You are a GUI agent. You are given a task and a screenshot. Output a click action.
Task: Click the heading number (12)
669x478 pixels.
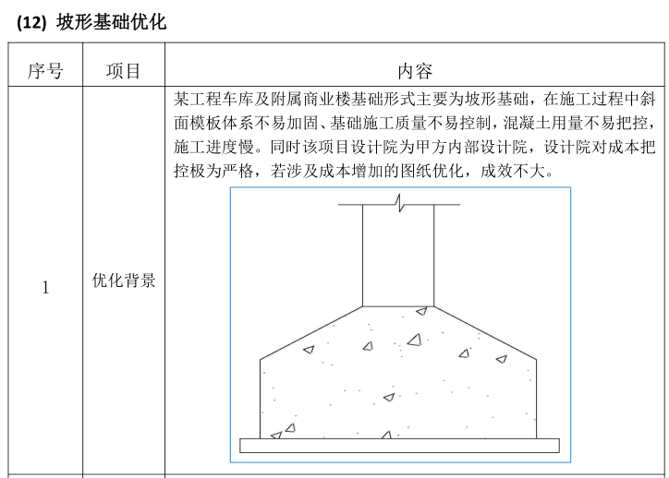[x=33, y=23]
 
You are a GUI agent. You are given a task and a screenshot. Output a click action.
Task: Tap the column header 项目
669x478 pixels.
[x=124, y=71]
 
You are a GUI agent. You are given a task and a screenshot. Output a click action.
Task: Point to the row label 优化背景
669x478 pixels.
[x=124, y=281]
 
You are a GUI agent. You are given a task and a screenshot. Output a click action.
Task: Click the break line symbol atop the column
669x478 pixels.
[x=399, y=201]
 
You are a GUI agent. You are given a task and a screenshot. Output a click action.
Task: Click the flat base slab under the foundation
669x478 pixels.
[x=399, y=445]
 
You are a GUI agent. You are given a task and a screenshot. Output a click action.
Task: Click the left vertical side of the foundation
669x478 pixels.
[x=262, y=397]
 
